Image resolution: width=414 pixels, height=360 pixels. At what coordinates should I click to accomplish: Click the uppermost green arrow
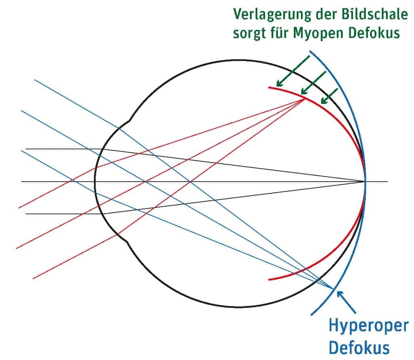click(292, 71)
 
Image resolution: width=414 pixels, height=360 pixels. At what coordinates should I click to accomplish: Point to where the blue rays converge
click(334, 289)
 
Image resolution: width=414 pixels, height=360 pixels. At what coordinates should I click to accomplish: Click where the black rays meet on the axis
click(365, 181)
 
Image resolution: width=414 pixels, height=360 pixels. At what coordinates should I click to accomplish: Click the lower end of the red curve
click(269, 279)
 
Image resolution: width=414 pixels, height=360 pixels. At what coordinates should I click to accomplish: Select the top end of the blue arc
click(310, 51)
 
